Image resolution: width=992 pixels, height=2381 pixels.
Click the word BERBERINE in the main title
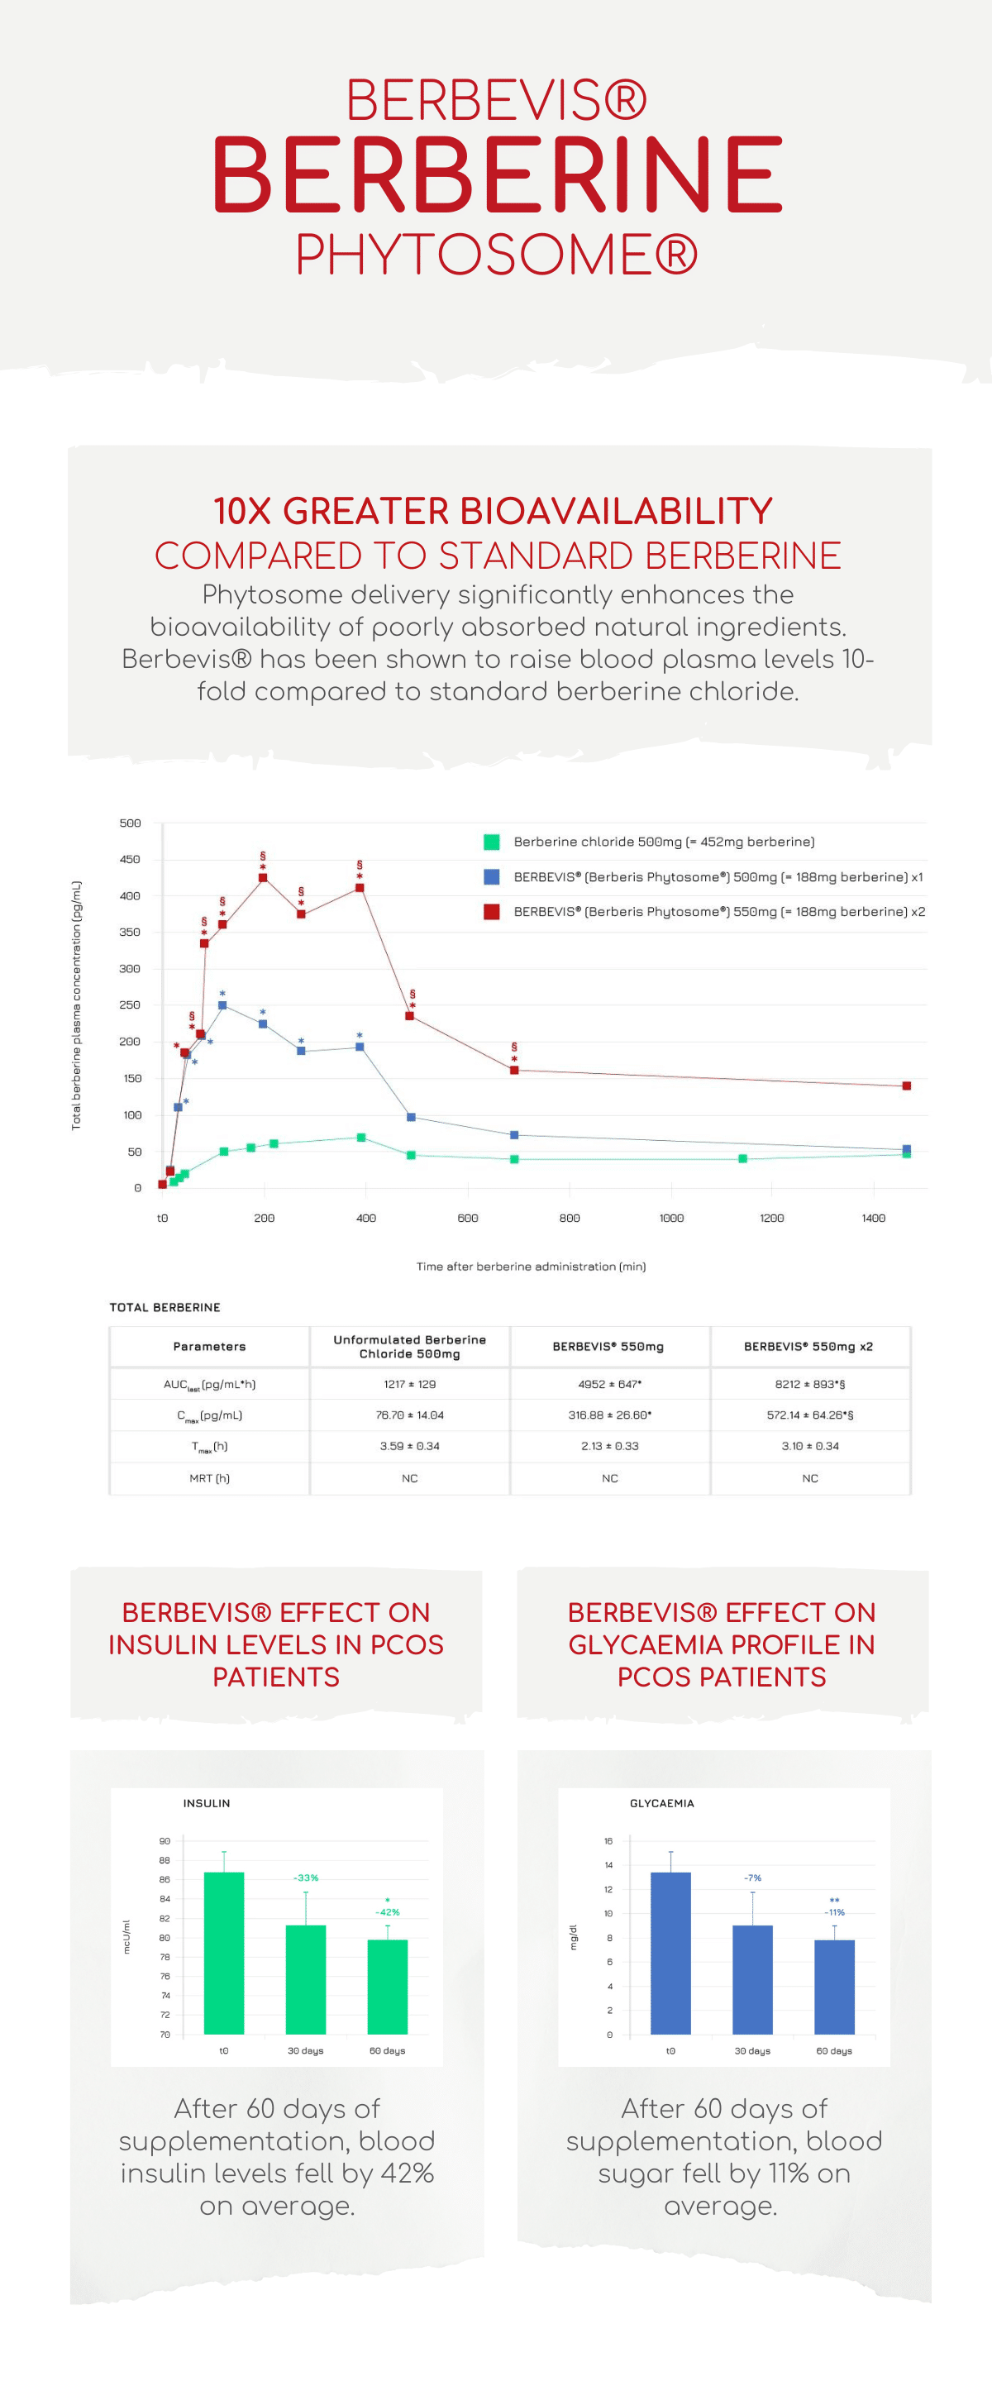click(498, 174)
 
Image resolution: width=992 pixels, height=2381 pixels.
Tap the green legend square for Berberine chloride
click(492, 841)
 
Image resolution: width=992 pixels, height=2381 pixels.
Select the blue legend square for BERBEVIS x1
click(492, 876)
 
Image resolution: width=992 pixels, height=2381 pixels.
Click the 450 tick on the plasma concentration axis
click(131, 860)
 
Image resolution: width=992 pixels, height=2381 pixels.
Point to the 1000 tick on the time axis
click(671, 1219)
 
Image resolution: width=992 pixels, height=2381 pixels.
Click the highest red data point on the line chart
click(263, 877)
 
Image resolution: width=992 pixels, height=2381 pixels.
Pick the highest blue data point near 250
click(222, 1004)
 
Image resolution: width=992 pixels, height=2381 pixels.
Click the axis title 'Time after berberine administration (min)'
click(531, 1267)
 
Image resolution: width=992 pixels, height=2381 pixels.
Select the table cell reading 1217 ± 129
click(409, 1385)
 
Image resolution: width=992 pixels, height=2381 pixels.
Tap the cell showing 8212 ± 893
click(810, 1385)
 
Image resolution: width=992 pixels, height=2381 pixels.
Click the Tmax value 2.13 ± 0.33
click(609, 1447)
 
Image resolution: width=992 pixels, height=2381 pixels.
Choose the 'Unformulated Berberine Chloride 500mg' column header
click(409, 1347)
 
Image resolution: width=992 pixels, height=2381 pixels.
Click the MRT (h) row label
click(210, 1479)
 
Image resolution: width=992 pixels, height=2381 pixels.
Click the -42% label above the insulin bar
click(388, 1912)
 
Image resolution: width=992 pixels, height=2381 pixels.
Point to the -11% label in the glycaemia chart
click(835, 1912)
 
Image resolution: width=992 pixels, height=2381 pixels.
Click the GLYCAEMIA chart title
click(662, 1803)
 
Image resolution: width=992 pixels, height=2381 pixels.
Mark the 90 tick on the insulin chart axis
click(165, 1841)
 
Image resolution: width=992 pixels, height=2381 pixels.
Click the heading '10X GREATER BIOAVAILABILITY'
click(493, 511)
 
